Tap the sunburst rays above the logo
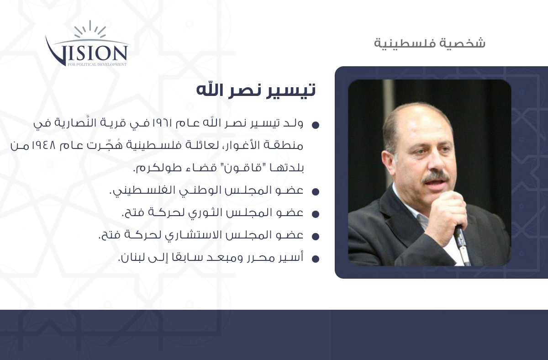click(90, 29)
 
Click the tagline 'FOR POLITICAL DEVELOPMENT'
click(97, 64)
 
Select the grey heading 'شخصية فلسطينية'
click(430, 43)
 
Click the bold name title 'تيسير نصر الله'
click(256, 90)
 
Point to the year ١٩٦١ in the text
click(162, 123)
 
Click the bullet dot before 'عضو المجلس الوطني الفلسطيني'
click(316, 192)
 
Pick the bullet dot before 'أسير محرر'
click(316, 259)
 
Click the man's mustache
click(436, 177)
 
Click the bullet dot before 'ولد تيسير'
click(316, 125)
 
